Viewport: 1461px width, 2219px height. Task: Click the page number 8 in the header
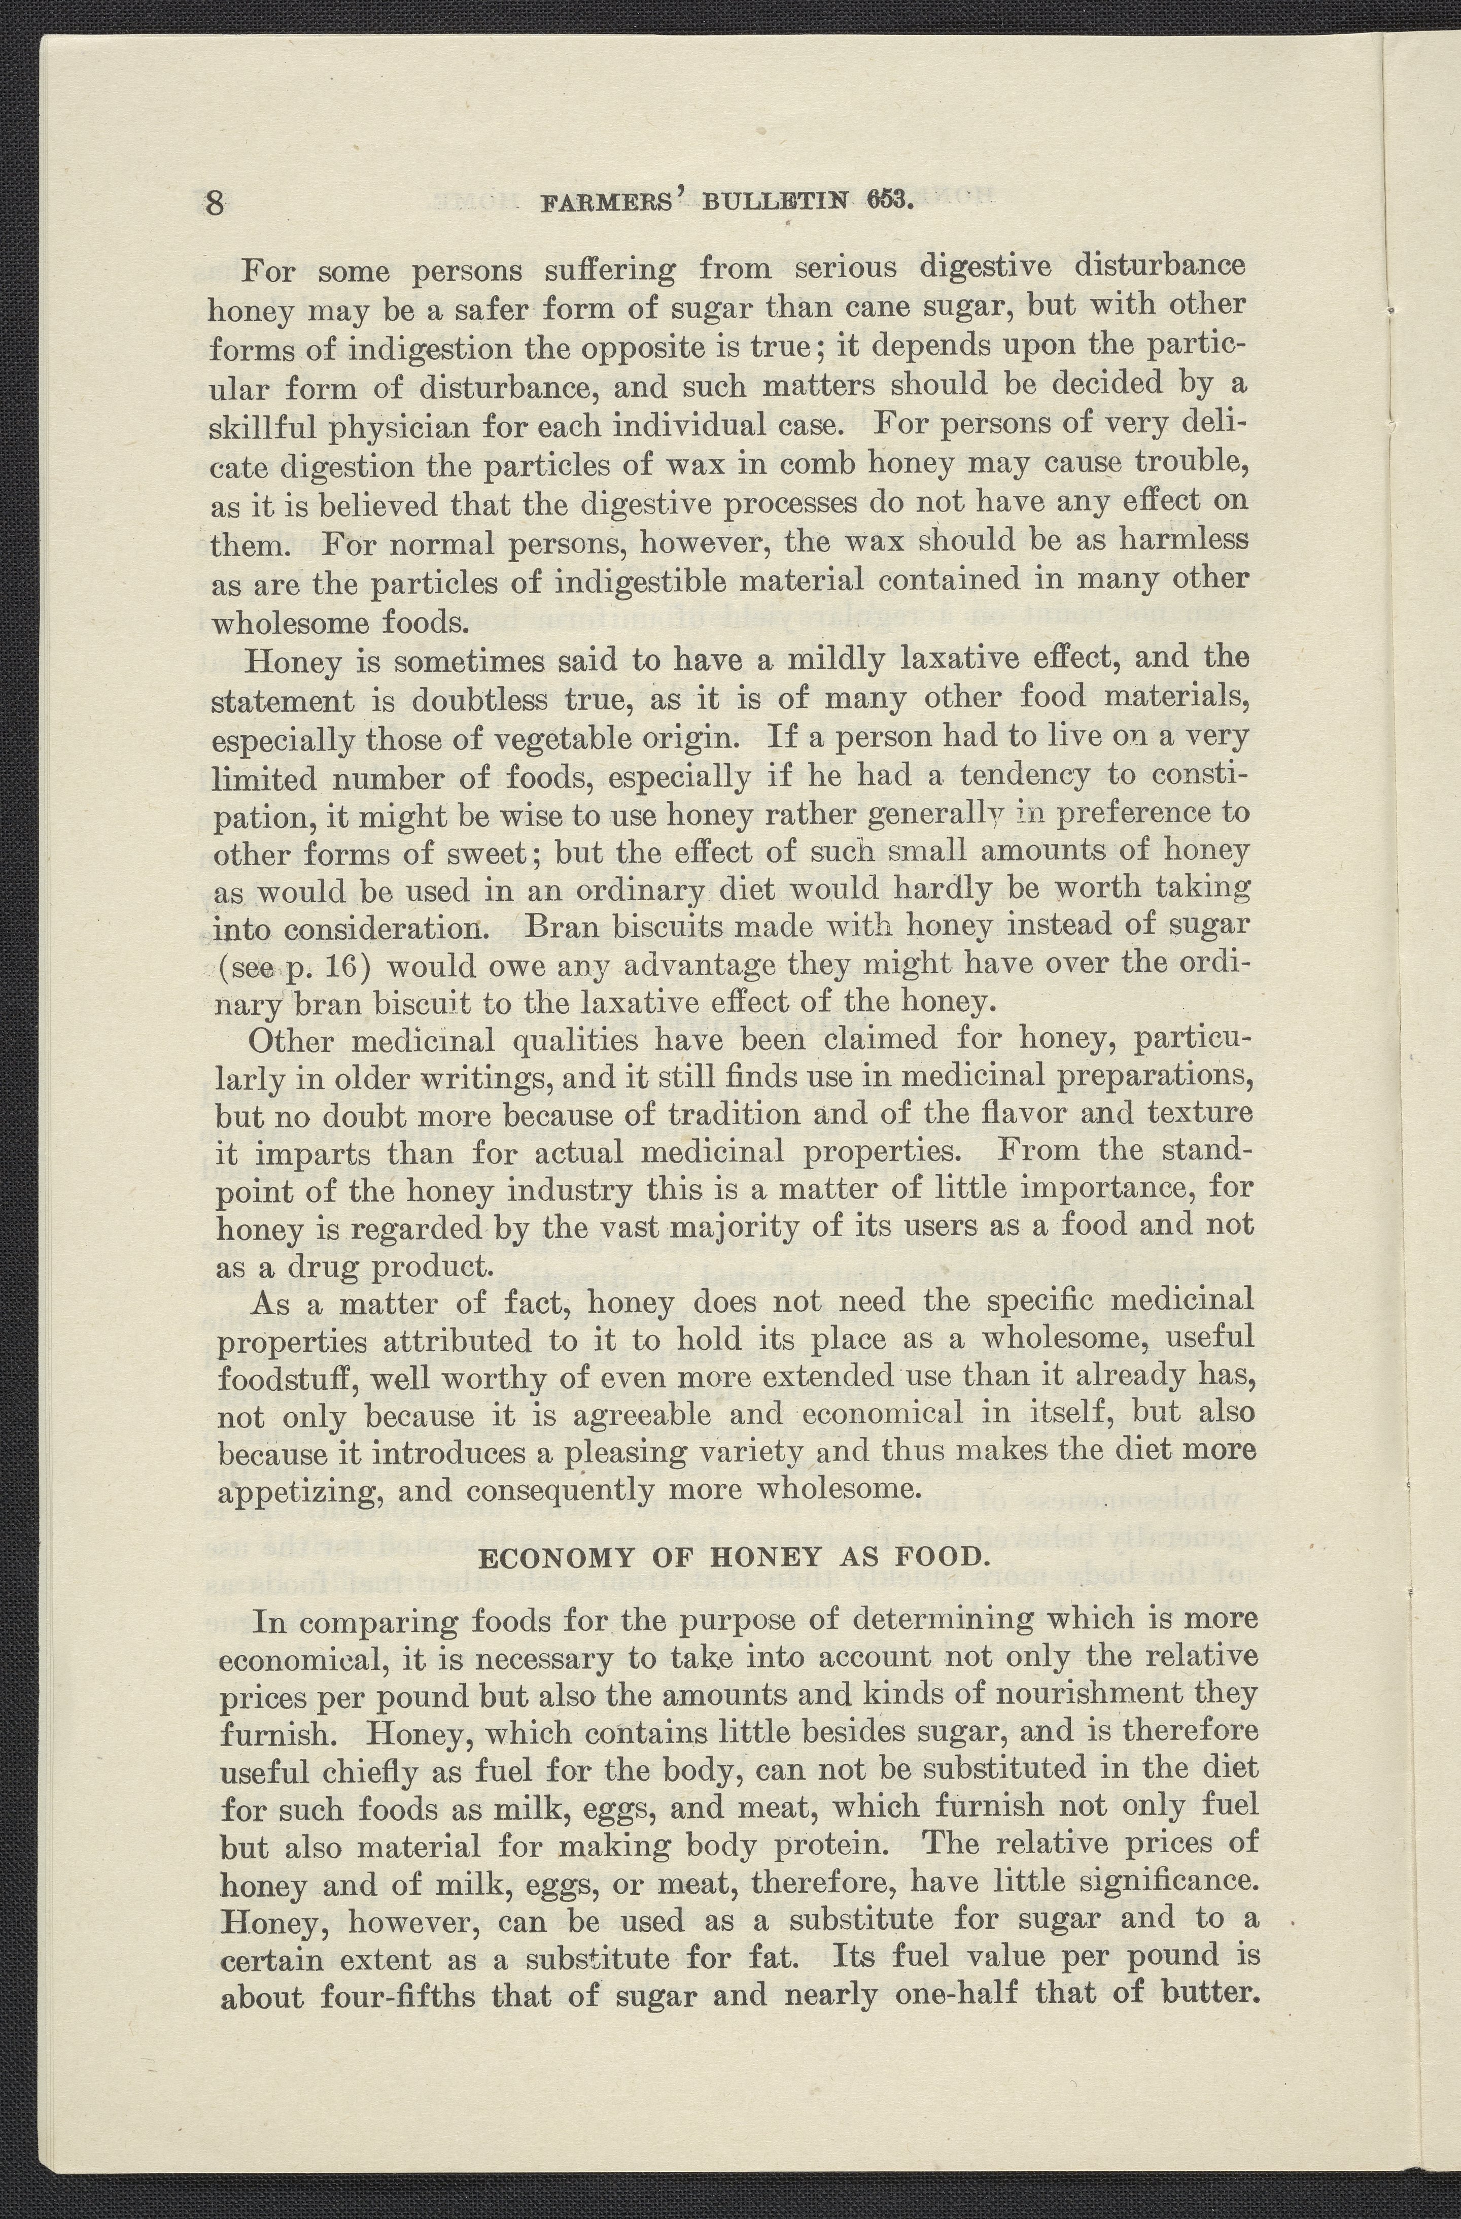(x=216, y=204)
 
